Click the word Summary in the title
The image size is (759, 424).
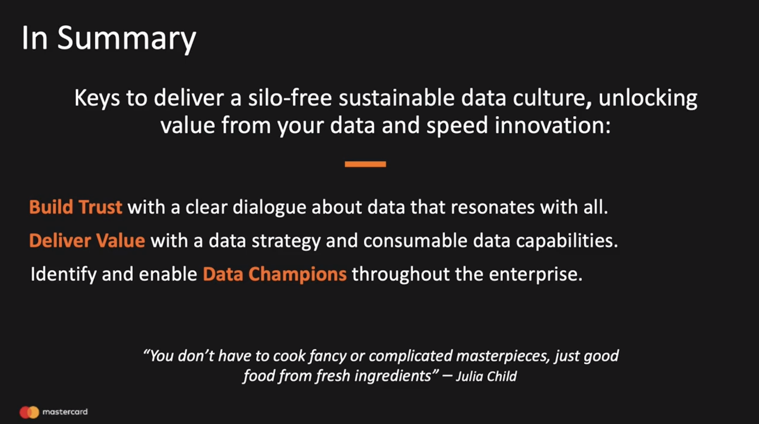pos(127,38)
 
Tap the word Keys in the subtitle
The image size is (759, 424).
pos(97,99)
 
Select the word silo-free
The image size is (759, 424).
pos(290,98)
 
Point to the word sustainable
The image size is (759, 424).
pos(397,98)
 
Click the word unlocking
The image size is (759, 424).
pos(648,99)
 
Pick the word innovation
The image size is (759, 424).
pos(553,125)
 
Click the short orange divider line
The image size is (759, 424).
pos(365,164)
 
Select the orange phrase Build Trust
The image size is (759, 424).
pos(75,207)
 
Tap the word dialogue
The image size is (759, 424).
pos(269,208)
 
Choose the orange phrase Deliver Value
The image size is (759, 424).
pos(87,240)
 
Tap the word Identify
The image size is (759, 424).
pos(64,274)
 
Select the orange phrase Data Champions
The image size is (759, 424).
pos(275,274)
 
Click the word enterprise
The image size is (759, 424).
pos(536,275)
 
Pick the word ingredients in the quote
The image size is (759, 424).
pos(393,376)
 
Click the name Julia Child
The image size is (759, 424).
pos(486,376)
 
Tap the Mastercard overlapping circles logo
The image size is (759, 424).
pos(29,412)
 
